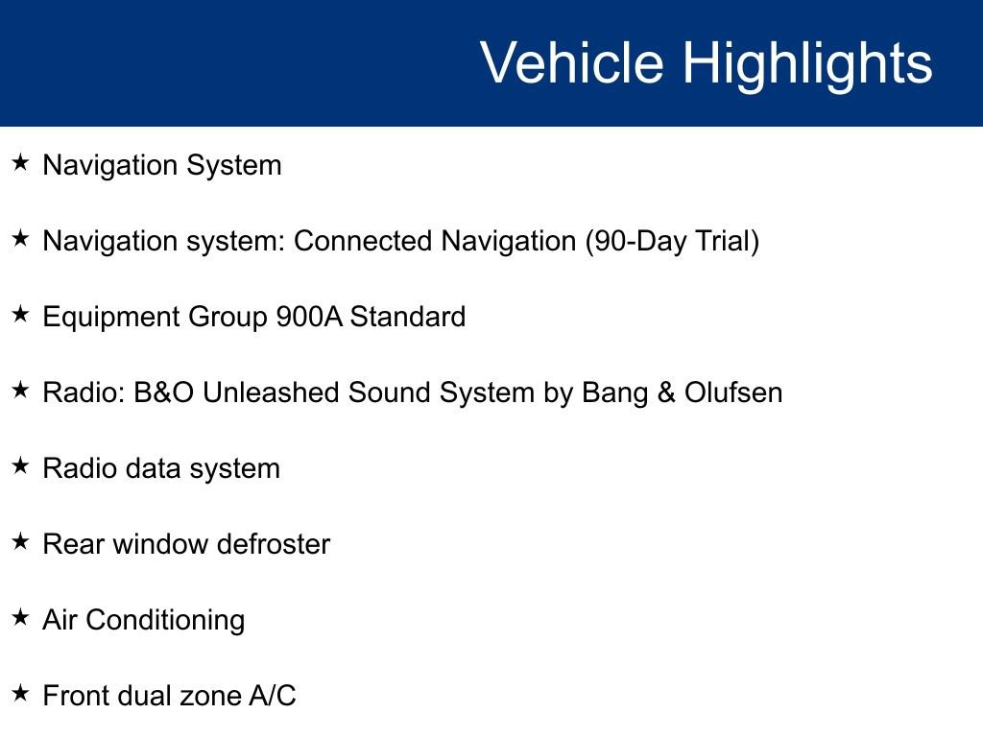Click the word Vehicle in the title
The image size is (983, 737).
coord(571,63)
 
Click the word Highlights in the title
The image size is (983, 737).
coord(807,63)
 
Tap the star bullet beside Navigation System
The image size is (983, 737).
coord(20,163)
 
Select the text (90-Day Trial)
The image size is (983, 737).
coord(672,241)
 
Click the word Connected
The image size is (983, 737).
coord(364,241)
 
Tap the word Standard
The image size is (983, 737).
coord(407,317)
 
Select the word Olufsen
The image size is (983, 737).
coord(733,392)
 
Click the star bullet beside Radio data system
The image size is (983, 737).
coord(20,466)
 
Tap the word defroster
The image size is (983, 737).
coord(274,544)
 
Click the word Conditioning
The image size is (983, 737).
coord(168,621)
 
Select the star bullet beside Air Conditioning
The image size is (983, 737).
coord(20,618)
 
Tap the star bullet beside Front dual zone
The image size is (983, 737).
coord(20,694)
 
